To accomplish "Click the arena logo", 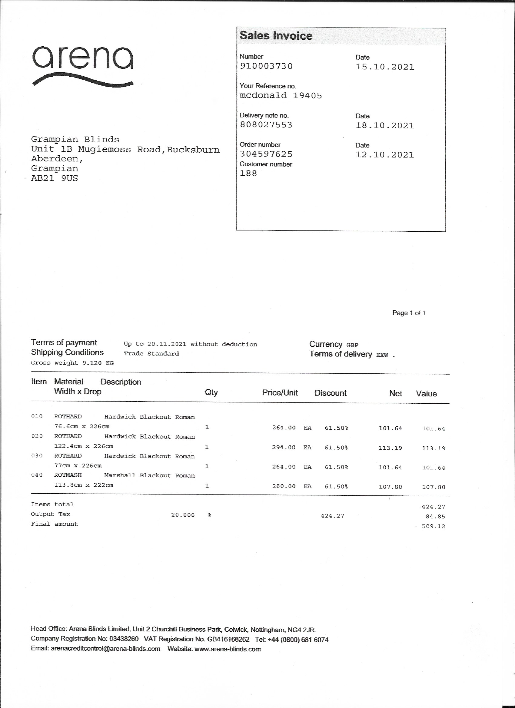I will click(x=83, y=65).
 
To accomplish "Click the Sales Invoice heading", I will click(x=276, y=36).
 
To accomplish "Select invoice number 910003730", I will click(x=266, y=66).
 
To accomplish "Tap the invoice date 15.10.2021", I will click(x=384, y=67).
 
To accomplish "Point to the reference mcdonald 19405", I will click(x=281, y=95).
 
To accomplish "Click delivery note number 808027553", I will click(x=266, y=125).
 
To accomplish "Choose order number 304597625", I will click(x=266, y=154).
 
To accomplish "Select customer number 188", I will click(x=248, y=174).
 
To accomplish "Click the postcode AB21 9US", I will click(x=54, y=179).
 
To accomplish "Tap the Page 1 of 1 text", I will click(x=409, y=313).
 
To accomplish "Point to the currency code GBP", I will click(x=352, y=345).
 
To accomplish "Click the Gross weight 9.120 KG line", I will click(x=72, y=363).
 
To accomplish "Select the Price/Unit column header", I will click(x=280, y=393).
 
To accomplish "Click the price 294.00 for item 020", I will click(x=284, y=447).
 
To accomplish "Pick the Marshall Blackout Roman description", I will click(x=149, y=475).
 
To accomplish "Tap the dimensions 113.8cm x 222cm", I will click(x=84, y=485).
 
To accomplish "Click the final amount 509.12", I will click(x=433, y=526).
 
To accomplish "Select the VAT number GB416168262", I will click(x=228, y=640).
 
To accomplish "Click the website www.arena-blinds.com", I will click(x=228, y=649).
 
